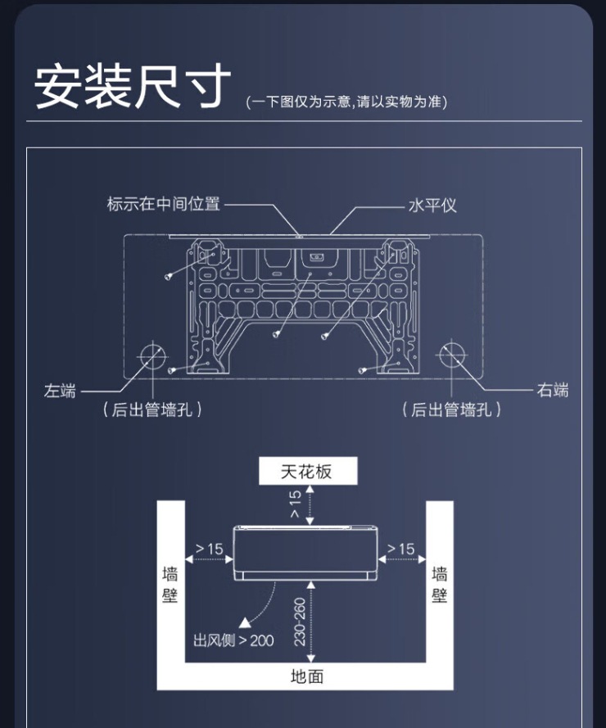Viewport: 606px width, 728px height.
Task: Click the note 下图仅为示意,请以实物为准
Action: [346, 102]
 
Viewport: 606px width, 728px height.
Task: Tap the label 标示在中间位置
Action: [164, 204]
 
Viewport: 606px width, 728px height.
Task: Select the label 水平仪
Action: [432, 205]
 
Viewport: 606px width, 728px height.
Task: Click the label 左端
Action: [60, 391]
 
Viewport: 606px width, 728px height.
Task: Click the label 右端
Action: [553, 391]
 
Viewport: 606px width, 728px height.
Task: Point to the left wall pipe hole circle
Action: [151, 355]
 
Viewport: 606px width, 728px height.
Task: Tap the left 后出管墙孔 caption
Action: [152, 409]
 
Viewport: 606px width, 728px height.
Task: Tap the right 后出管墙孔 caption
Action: [452, 409]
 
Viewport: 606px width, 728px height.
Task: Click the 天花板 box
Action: [307, 471]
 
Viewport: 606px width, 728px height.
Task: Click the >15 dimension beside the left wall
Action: [209, 549]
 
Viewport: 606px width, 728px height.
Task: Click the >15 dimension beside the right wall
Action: [400, 549]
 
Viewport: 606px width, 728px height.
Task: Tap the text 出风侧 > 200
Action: [233, 640]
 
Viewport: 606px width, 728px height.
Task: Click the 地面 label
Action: [307, 676]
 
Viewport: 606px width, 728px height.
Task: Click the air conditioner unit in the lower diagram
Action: [305, 552]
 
